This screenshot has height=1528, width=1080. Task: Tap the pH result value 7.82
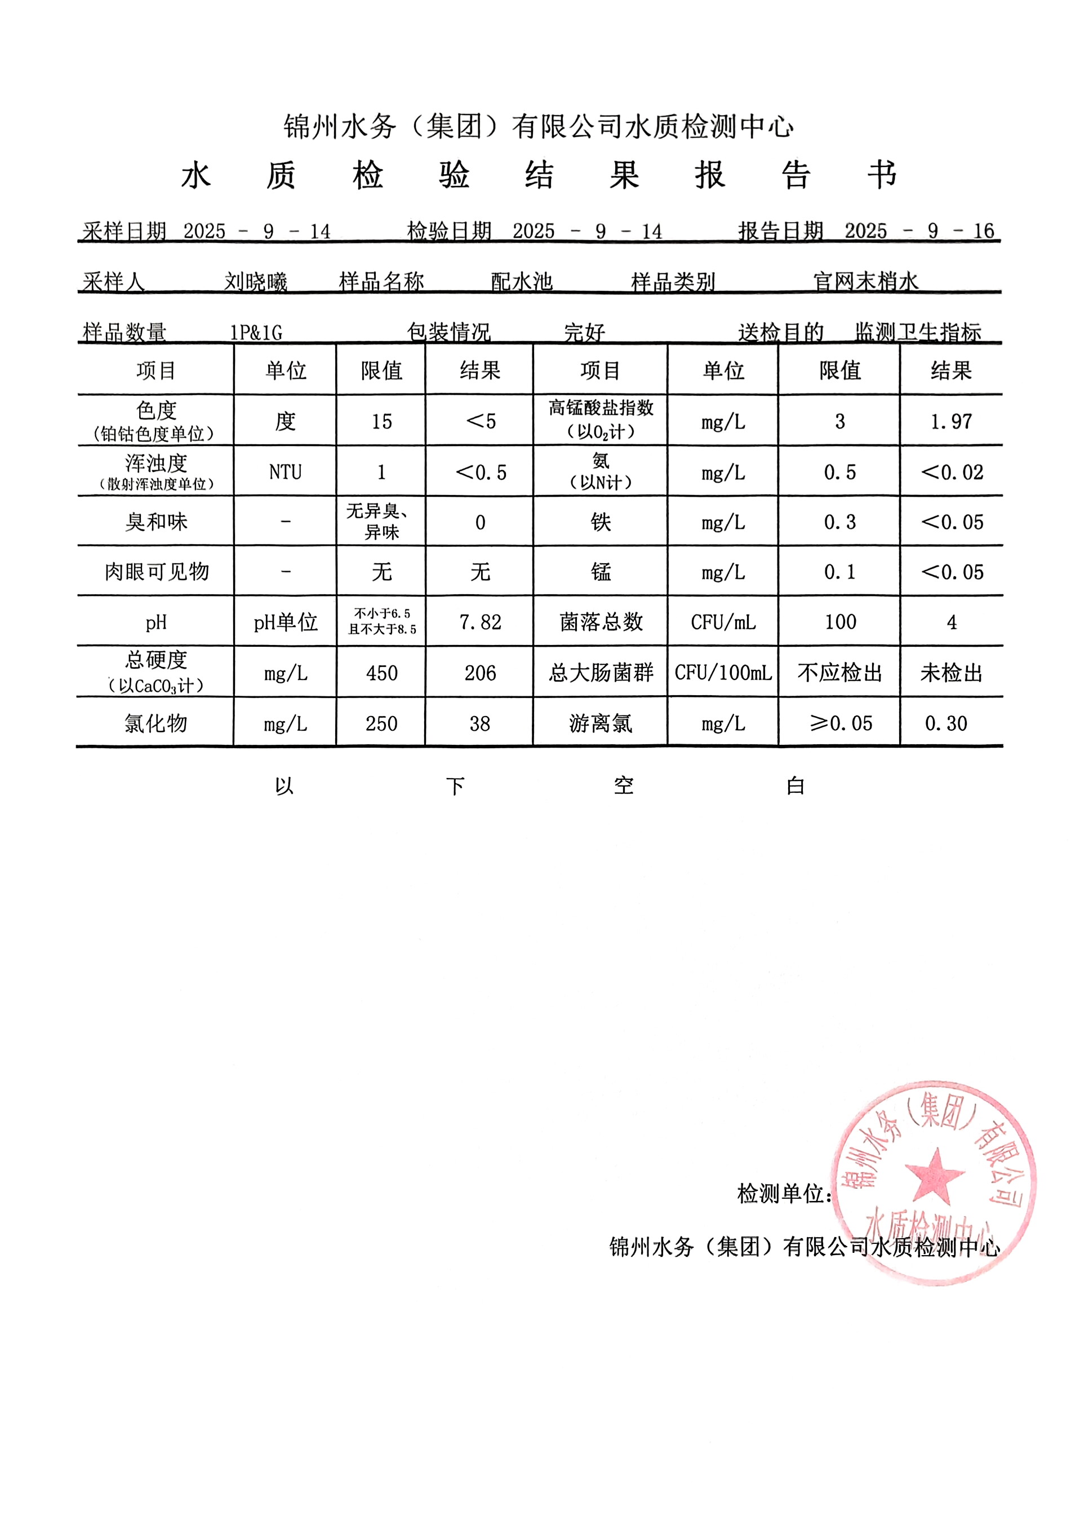pyautogui.click(x=480, y=622)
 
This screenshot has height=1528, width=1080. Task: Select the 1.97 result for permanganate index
pyautogui.click(x=951, y=421)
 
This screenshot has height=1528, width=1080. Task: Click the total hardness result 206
pyautogui.click(x=480, y=673)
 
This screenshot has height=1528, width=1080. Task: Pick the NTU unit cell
pyautogui.click(x=285, y=472)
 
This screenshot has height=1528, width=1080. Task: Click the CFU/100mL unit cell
pyautogui.click(x=723, y=673)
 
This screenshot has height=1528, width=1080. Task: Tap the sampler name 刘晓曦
pyautogui.click(x=256, y=282)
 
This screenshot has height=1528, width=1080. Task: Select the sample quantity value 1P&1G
pyautogui.click(x=256, y=332)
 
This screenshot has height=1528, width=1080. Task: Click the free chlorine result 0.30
pyautogui.click(x=946, y=723)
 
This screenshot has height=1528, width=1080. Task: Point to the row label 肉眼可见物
pyautogui.click(x=156, y=572)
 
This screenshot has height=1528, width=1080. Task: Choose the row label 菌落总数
pyautogui.click(x=601, y=622)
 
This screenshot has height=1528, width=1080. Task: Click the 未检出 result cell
pyautogui.click(x=951, y=673)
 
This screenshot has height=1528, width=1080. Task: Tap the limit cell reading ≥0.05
pyautogui.click(x=841, y=723)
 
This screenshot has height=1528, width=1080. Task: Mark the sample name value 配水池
pyautogui.click(x=521, y=282)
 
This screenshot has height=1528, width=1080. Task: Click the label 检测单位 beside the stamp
pyautogui.click(x=784, y=1194)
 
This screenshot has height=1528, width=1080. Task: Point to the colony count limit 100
pyautogui.click(x=841, y=622)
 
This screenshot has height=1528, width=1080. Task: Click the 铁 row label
pyautogui.click(x=601, y=522)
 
